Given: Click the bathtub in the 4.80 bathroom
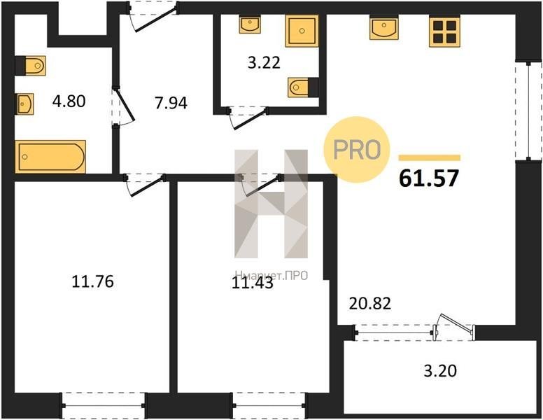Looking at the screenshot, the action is pyautogui.click(x=50, y=157).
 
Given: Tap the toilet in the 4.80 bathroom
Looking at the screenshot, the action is pyautogui.click(x=31, y=65).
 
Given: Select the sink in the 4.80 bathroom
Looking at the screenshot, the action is pyautogui.click(x=24, y=104).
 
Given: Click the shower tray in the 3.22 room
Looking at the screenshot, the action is pyautogui.click(x=302, y=31).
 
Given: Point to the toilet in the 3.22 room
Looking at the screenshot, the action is pyautogui.click(x=303, y=87).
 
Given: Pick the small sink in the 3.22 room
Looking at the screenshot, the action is pyautogui.click(x=250, y=24).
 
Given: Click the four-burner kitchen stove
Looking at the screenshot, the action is pyautogui.click(x=444, y=31).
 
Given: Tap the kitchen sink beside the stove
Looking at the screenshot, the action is pyautogui.click(x=383, y=27).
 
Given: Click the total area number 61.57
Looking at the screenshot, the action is pyautogui.click(x=429, y=178).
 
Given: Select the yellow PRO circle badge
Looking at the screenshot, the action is pyautogui.click(x=357, y=149).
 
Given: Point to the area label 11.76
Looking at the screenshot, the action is pyautogui.click(x=92, y=281).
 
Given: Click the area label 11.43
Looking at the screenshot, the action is pyautogui.click(x=253, y=283).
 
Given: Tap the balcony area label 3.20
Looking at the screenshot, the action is pyautogui.click(x=440, y=371).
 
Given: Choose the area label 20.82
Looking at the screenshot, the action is pyautogui.click(x=370, y=304).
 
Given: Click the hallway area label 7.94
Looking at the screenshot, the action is pyautogui.click(x=171, y=103).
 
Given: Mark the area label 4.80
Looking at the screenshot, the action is pyautogui.click(x=69, y=101).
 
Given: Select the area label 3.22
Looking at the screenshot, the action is pyautogui.click(x=264, y=63).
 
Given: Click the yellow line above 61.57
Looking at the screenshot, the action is pyautogui.click(x=430, y=158).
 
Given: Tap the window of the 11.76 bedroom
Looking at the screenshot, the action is pyautogui.click(x=103, y=406).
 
